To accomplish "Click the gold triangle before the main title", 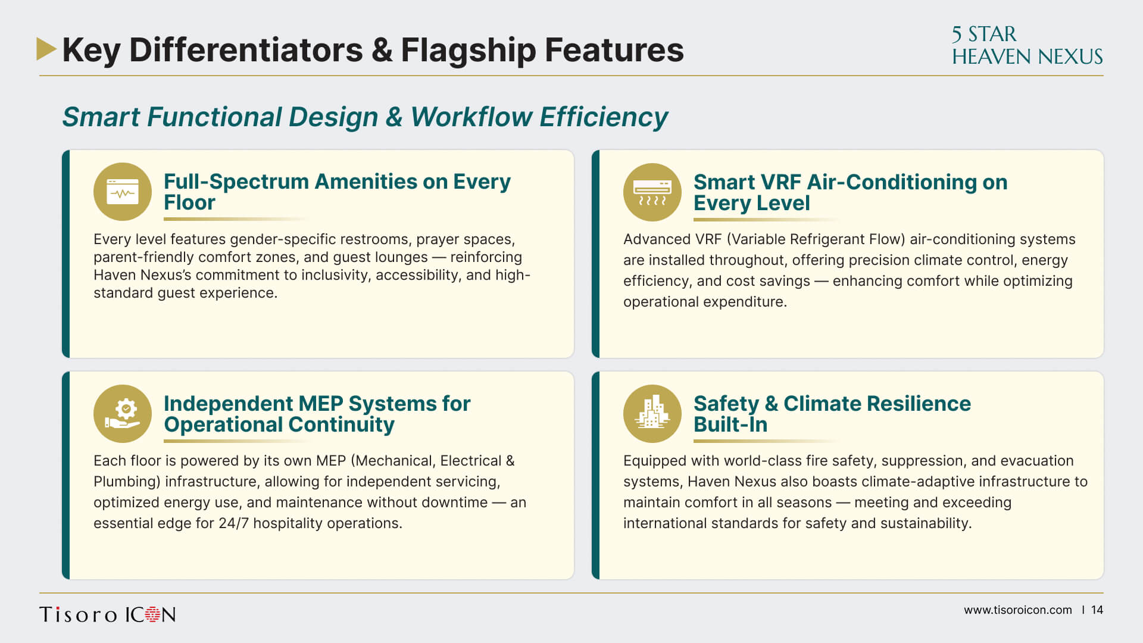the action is [46, 49].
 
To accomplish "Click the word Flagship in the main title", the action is [468, 50].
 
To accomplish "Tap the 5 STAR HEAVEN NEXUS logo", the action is [1027, 45].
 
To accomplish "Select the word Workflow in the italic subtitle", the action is [471, 117].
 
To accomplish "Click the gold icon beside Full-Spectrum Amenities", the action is [123, 192].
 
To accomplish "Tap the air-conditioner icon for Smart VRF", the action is [652, 192].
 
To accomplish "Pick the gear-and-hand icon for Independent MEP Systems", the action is [123, 414].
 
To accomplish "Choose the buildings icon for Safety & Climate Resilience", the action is [652, 414].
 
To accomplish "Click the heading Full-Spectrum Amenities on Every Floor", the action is [337, 192].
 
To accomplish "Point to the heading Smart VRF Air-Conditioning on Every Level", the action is [850, 192].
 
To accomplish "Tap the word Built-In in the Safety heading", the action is [730, 424].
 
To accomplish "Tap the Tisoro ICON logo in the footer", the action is [108, 614].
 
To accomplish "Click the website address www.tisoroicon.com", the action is [1018, 610].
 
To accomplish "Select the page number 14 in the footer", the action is [1097, 610].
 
